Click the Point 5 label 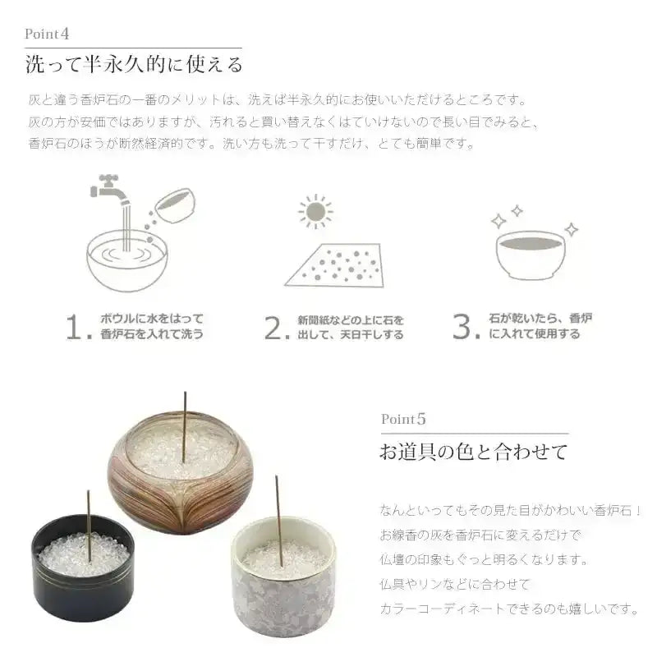[403, 419]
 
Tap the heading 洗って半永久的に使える [133, 64]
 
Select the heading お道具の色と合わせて [473, 452]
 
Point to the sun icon [315, 212]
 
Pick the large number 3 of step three [465, 327]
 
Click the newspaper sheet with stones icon [337, 264]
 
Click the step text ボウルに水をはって [151, 319]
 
